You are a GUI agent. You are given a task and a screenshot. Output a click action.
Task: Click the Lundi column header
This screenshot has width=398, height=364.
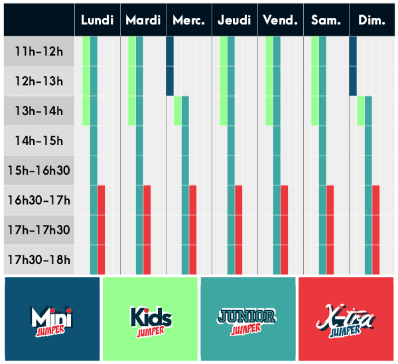tap(98, 20)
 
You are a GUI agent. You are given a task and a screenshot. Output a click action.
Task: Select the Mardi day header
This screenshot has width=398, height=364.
tap(143, 20)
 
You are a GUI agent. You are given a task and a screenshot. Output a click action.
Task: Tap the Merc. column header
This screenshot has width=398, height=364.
tap(188, 20)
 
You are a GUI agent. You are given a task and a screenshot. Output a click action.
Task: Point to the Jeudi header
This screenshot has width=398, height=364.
tap(235, 20)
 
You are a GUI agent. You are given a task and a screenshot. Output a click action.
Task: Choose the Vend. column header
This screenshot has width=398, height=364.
tap(280, 20)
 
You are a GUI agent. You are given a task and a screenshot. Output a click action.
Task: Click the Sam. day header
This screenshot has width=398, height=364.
tap(326, 20)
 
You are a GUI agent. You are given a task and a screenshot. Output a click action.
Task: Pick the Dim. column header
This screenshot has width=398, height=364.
tap(372, 20)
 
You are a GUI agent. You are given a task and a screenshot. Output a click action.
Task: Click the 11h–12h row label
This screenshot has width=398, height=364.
tap(39, 52)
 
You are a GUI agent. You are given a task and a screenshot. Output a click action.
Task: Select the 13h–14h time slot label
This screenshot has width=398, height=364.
tap(39, 111)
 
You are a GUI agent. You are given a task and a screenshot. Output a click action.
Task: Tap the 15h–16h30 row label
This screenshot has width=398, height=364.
tap(39, 171)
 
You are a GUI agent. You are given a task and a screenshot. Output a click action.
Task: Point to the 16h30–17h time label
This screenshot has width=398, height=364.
tap(39, 200)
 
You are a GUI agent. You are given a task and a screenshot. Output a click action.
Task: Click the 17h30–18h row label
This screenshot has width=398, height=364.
tap(39, 259)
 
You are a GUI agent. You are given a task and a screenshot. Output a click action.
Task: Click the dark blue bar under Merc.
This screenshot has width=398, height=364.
tap(170, 66)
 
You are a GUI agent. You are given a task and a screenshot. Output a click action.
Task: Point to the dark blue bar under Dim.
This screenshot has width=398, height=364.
tap(353, 66)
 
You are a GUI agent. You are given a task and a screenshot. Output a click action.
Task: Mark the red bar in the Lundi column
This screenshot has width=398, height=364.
tap(101, 230)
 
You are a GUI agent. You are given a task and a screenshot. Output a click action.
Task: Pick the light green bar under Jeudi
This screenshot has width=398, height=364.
tap(224, 81)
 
